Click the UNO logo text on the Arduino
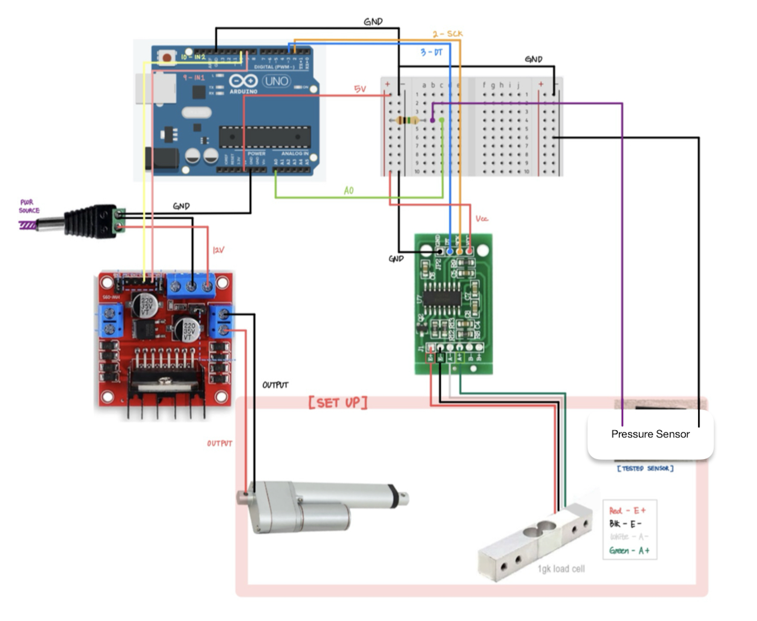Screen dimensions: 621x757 (276, 81)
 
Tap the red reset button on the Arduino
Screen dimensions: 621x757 (167, 58)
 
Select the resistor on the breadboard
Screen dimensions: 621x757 (407, 120)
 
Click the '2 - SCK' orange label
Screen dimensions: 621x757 (448, 34)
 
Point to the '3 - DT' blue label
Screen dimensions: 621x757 (431, 52)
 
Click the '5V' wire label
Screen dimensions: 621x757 (360, 89)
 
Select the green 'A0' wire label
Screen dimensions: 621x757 (349, 191)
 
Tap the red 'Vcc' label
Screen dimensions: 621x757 (482, 219)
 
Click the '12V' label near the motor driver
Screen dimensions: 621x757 (218, 250)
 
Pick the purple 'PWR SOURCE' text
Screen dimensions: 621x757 (29, 206)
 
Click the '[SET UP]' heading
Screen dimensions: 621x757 (338, 402)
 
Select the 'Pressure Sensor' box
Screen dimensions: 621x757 (650, 434)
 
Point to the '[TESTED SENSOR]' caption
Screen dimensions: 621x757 (645, 468)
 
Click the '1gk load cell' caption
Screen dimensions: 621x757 (561, 569)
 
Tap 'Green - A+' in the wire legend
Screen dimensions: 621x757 (629, 550)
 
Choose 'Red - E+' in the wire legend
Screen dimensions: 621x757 (627, 511)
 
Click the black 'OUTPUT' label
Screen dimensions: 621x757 (275, 385)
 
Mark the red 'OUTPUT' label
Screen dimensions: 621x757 (220, 444)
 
